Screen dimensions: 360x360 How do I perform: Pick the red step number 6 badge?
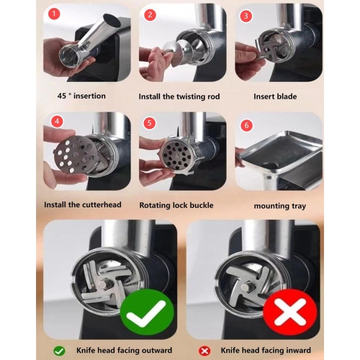[245, 125]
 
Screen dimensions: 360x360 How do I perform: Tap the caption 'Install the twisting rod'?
[180, 95]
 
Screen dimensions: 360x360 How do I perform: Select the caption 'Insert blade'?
[278, 95]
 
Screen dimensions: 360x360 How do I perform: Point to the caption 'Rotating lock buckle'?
[180, 205]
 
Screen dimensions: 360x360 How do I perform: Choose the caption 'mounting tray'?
[279, 206]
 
